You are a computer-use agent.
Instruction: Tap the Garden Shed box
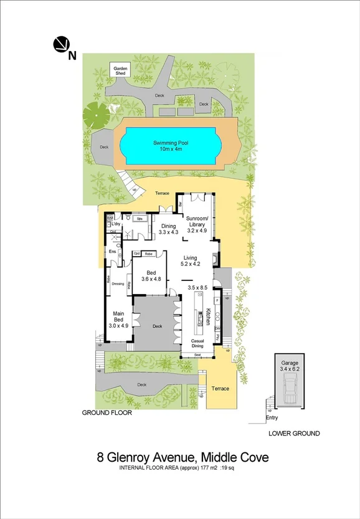tap(119, 70)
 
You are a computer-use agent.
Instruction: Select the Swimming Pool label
tap(171, 143)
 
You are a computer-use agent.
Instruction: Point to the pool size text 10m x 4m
tap(171, 149)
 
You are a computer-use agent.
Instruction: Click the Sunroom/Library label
tap(196, 224)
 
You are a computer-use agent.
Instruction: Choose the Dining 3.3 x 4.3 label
tap(168, 229)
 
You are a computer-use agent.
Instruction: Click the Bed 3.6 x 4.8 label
tap(152, 276)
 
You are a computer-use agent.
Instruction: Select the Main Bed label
tap(120, 318)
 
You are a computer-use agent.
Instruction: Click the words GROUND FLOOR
tap(107, 412)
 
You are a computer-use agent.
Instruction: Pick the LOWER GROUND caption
tap(294, 433)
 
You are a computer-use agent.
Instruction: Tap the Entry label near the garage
tap(272, 417)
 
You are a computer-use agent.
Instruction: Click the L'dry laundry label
tap(116, 222)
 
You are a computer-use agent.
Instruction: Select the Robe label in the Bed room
tap(149, 254)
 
